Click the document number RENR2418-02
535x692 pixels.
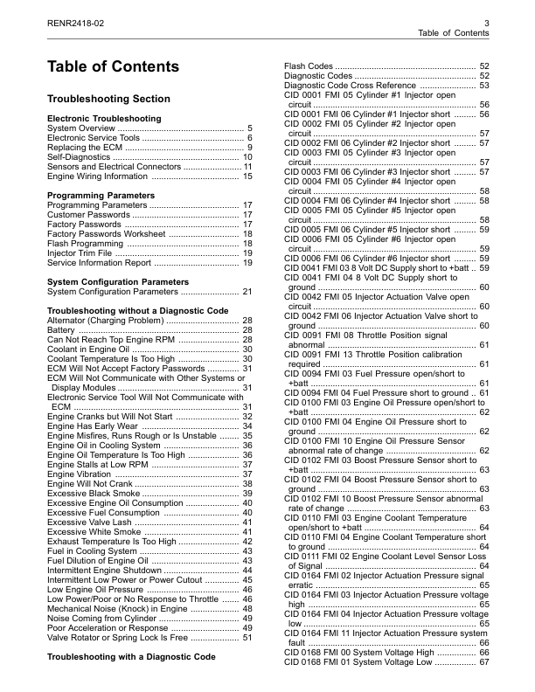pyautogui.click(x=77, y=22)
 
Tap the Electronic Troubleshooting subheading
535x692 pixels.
pyautogui.click(x=104, y=118)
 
